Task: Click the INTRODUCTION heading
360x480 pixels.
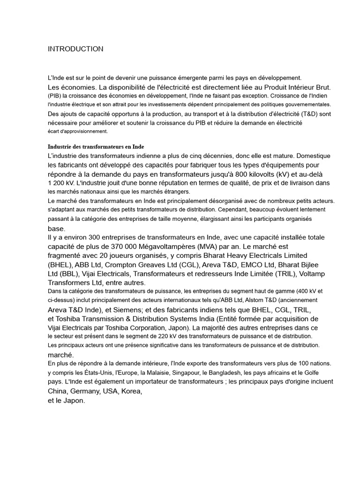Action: coord(75,49)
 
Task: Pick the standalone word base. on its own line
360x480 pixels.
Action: coord(56,228)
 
